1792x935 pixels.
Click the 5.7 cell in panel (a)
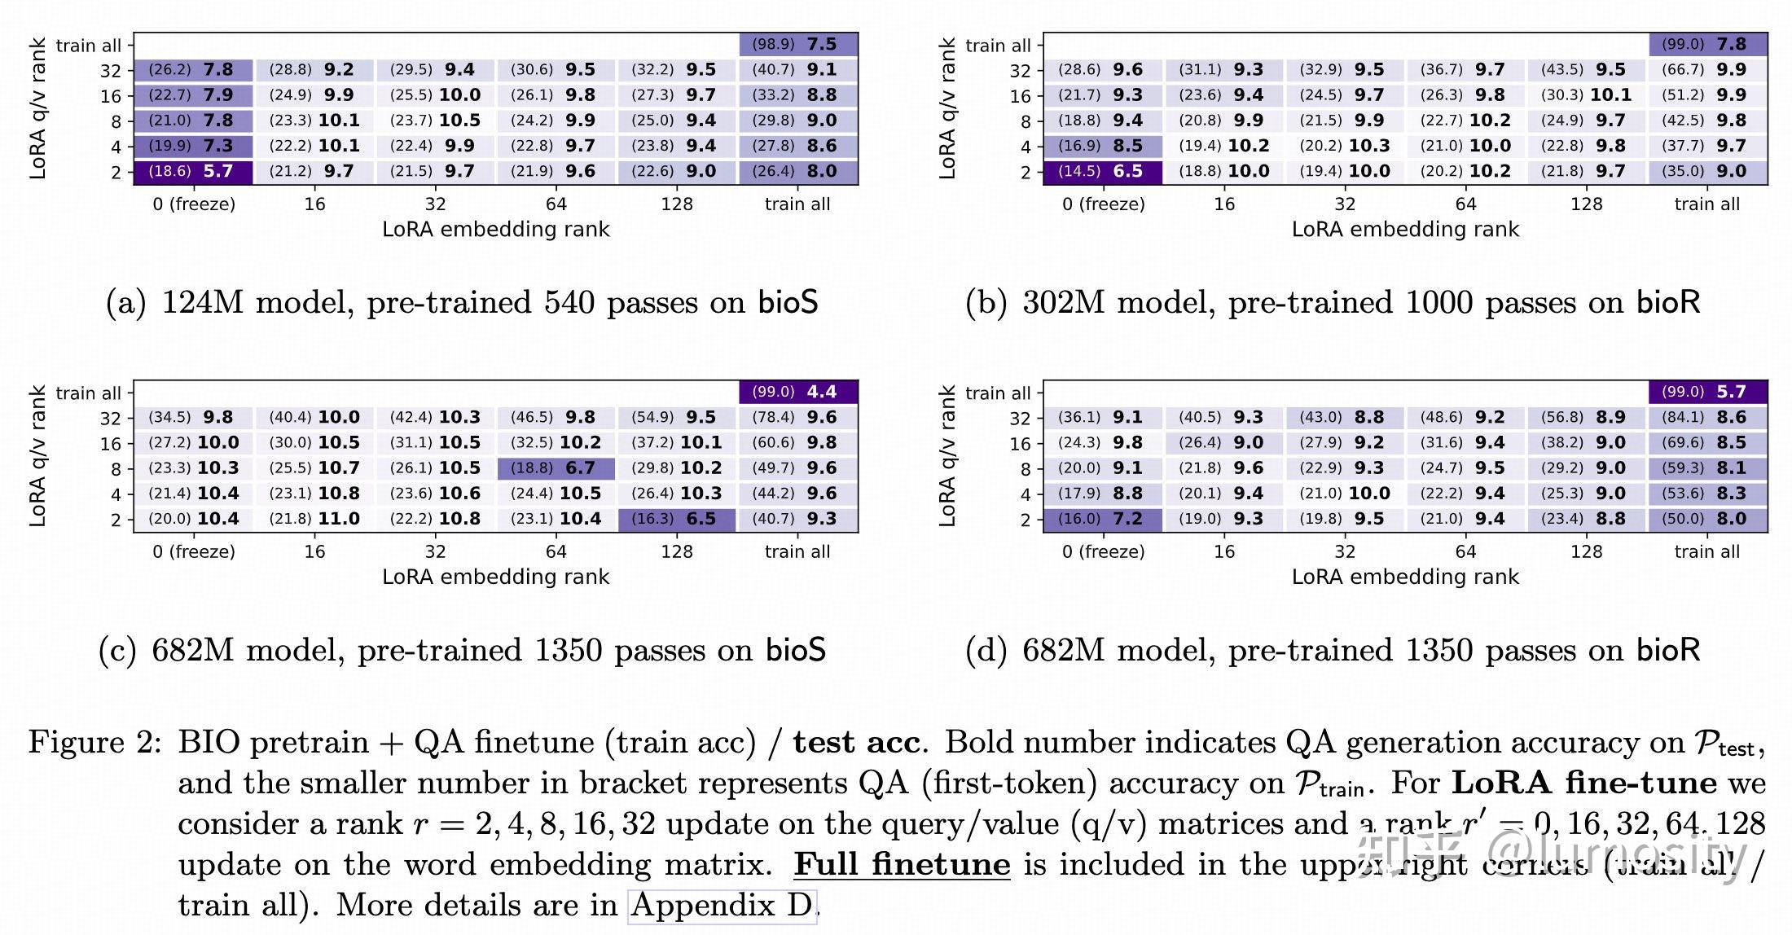193,172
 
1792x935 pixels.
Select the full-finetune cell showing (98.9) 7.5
797,44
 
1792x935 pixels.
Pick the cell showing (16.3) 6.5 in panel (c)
676,520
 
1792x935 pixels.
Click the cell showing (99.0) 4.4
797,392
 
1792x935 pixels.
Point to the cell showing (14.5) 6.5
1103,172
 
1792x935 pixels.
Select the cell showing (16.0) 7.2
1103,520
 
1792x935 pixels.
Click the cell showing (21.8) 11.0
314,520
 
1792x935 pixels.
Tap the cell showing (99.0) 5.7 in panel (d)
1707,392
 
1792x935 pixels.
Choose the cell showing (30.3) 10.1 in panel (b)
1586,95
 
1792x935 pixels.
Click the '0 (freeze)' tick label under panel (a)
194,204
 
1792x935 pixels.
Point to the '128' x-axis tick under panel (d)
1586,552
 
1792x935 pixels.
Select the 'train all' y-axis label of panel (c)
88,393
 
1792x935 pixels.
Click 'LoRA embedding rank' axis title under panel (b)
1405,230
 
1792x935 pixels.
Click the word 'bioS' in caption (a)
788,303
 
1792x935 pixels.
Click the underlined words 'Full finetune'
902,864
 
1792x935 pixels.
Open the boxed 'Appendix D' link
722,906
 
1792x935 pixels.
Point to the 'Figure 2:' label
94,743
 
